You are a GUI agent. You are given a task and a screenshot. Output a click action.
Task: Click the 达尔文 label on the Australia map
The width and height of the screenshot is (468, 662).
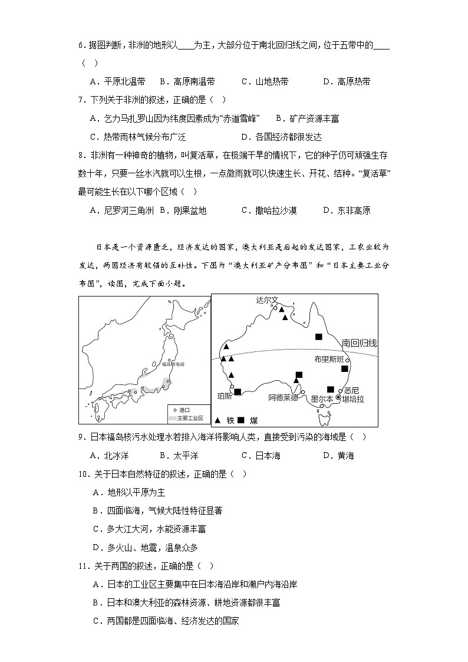pos(266,299)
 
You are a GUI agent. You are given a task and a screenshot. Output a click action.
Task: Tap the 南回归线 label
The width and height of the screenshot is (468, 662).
pos(359,342)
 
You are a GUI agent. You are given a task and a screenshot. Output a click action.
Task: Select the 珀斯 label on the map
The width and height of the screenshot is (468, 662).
pos(225,396)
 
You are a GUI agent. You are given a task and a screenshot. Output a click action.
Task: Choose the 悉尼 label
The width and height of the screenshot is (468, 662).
pos(351,390)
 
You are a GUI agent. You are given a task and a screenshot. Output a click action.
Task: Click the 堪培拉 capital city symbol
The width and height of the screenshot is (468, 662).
pos(338,398)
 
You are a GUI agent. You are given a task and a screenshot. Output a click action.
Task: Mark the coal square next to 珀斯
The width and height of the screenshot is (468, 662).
pos(237,391)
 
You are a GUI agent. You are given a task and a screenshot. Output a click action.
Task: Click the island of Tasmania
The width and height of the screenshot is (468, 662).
pos(322,419)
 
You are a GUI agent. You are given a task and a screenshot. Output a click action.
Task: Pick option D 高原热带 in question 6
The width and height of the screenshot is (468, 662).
pos(347,81)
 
